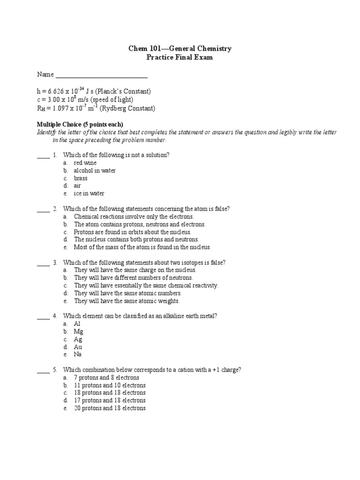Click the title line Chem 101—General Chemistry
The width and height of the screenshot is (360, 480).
(x=180, y=48)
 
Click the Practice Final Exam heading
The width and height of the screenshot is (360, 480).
(x=180, y=57)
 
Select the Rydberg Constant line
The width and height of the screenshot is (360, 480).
(x=96, y=109)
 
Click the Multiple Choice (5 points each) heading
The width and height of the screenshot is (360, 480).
(x=80, y=124)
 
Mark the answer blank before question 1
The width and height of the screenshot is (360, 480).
(x=43, y=156)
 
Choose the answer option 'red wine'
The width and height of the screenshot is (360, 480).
(x=85, y=163)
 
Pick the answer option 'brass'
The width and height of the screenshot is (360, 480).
(x=81, y=178)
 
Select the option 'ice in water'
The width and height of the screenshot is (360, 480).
(x=89, y=194)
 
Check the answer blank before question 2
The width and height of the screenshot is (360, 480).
(x=43, y=209)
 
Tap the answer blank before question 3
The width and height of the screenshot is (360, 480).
(x=43, y=263)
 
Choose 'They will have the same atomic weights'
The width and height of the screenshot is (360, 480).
(x=127, y=301)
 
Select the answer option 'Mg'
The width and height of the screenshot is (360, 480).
(x=78, y=331)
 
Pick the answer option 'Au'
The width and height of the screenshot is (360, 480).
(x=78, y=347)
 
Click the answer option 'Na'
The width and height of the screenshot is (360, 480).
(x=78, y=354)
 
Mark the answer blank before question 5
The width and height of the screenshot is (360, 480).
(x=43, y=370)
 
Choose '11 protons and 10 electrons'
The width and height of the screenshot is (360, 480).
(x=110, y=385)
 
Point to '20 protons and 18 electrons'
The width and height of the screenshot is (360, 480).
(x=110, y=408)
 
